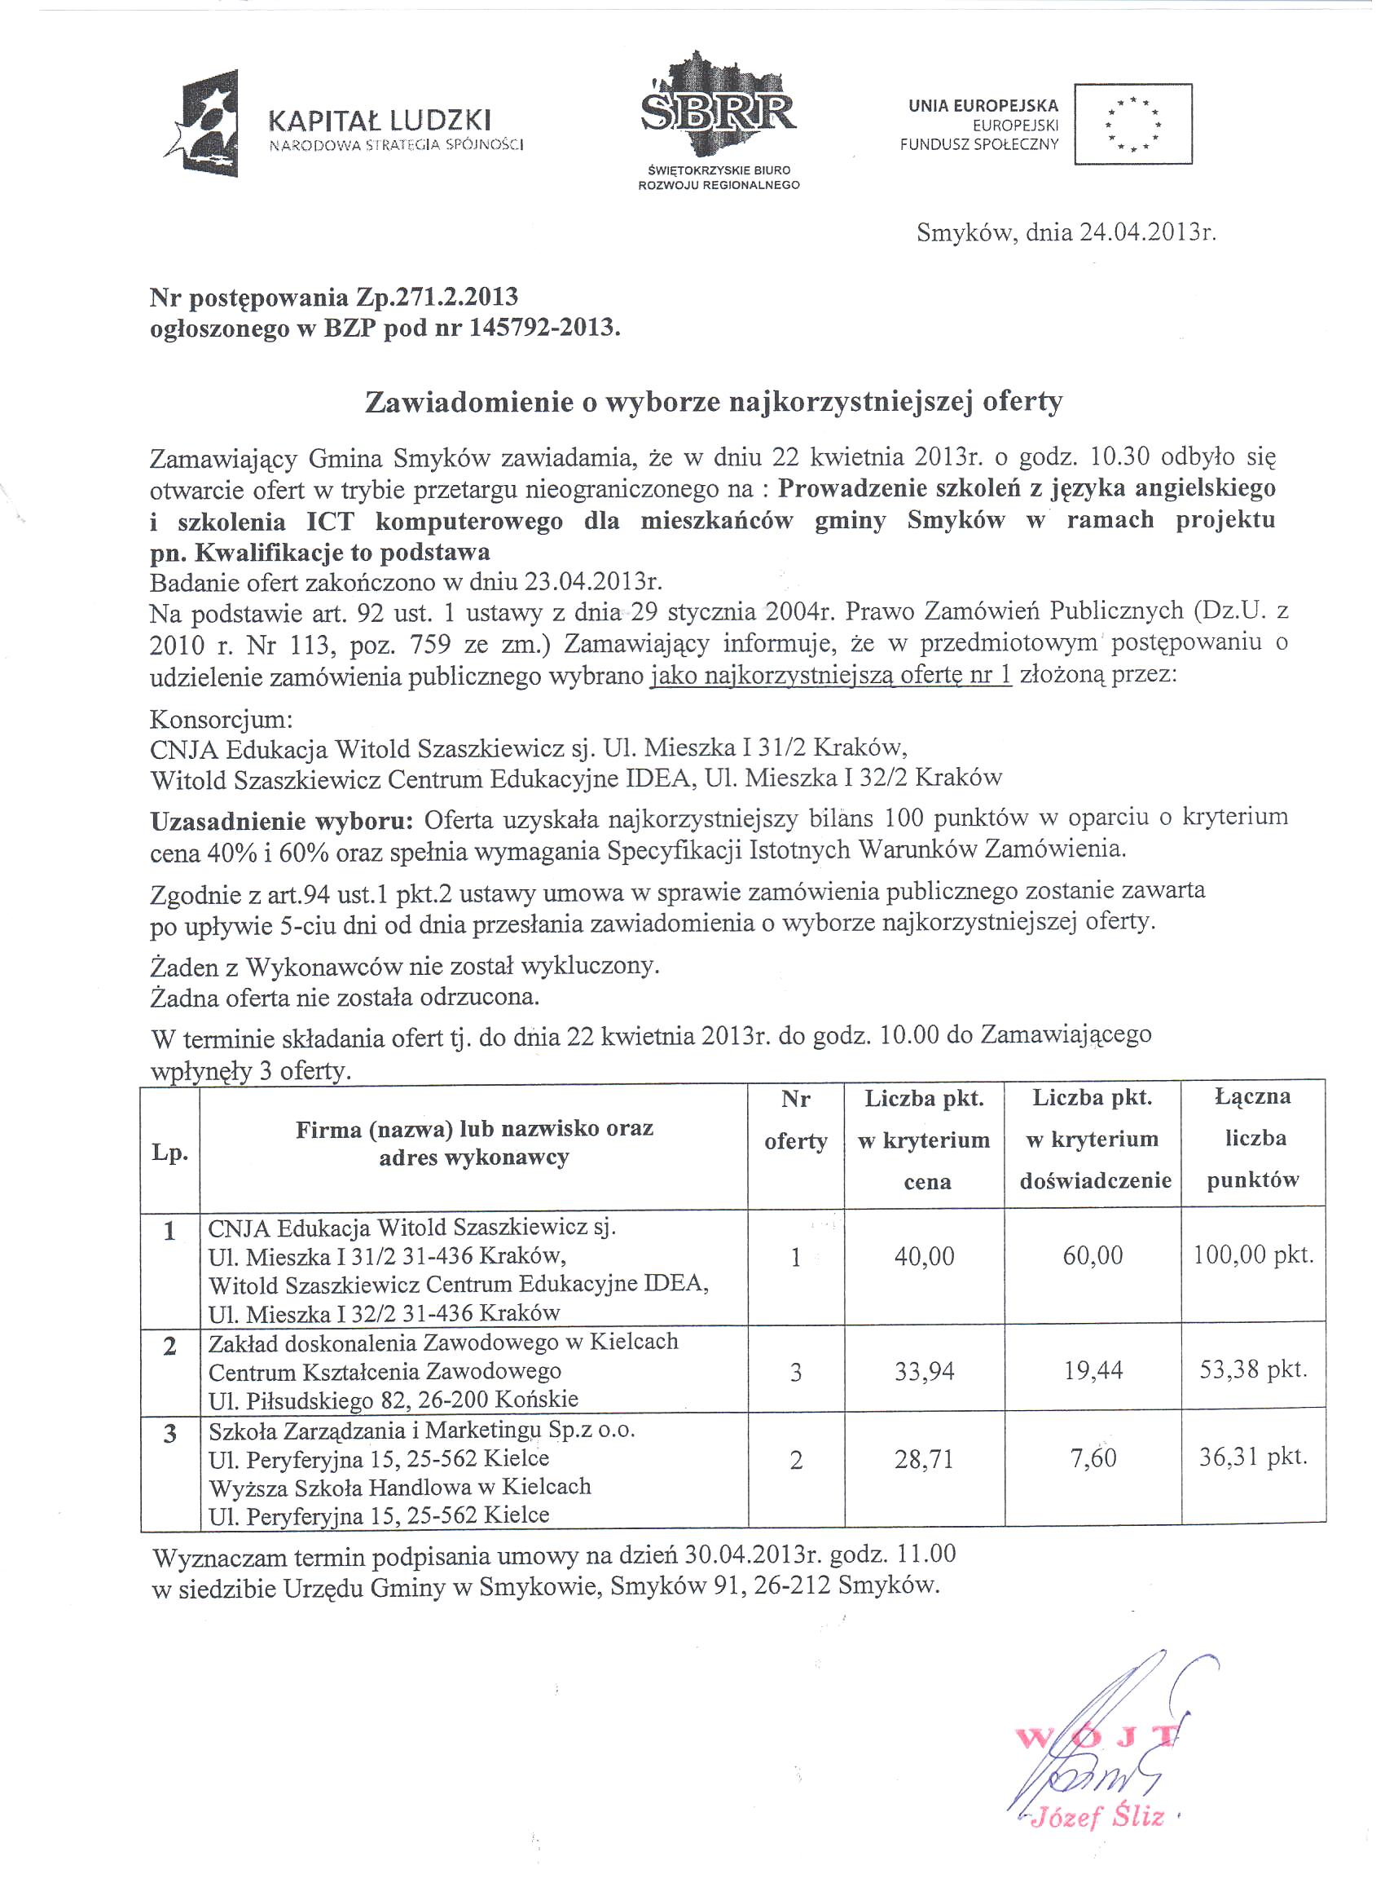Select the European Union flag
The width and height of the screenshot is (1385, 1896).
point(1132,124)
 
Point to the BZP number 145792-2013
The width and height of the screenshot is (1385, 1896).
point(544,328)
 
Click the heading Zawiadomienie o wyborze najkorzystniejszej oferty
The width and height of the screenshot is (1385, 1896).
point(714,403)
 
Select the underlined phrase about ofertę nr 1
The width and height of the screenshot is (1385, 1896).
point(831,676)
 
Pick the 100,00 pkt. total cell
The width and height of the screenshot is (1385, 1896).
point(1252,1255)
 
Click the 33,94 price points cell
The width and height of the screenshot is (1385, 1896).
point(924,1370)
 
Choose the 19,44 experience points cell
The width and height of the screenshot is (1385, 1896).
point(1093,1370)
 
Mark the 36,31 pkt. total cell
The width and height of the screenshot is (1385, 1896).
point(1252,1457)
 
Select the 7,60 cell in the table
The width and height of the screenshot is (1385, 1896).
point(1093,1458)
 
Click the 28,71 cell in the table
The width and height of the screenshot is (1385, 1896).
point(924,1459)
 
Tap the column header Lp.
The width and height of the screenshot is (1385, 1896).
point(169,1153)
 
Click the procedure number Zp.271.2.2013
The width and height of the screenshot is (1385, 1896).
point(437,297)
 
